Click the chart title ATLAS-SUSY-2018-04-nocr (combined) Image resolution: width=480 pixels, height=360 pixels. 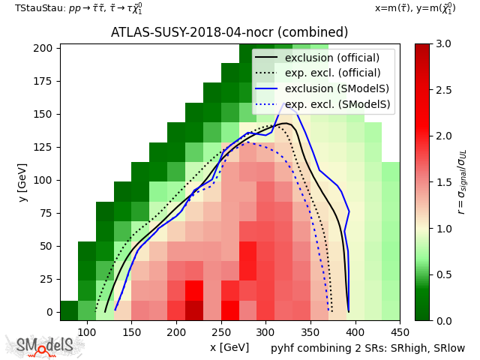(229, 32)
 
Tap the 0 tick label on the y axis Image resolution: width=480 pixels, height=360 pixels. (49, 312)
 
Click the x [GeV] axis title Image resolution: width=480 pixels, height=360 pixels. (229, 347)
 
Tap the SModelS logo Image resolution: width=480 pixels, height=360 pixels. (45, 346)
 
